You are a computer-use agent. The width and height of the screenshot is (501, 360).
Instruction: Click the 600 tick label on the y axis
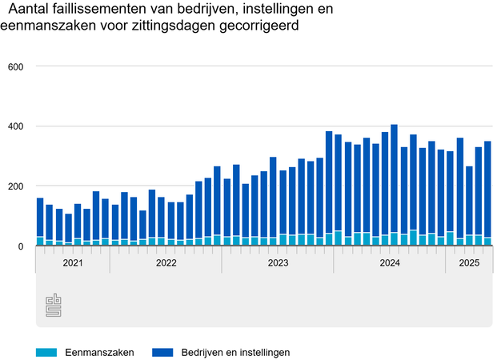14,66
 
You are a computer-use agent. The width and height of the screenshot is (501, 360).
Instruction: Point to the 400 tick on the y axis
14,126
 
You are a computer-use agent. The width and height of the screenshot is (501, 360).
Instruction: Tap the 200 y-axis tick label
14,186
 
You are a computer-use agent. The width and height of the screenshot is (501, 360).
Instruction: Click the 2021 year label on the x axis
72,262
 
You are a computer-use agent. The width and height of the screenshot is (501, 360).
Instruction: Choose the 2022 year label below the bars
166,262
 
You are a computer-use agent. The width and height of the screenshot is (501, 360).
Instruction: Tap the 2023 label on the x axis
278,262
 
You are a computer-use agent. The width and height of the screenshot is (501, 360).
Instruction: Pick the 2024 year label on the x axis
390,262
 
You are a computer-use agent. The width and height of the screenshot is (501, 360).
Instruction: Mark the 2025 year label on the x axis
469,262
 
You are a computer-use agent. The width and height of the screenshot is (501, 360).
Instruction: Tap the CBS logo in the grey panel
54,305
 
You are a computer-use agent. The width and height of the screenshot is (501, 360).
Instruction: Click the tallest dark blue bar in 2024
394,176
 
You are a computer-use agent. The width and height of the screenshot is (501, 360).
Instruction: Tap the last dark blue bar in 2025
487,188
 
